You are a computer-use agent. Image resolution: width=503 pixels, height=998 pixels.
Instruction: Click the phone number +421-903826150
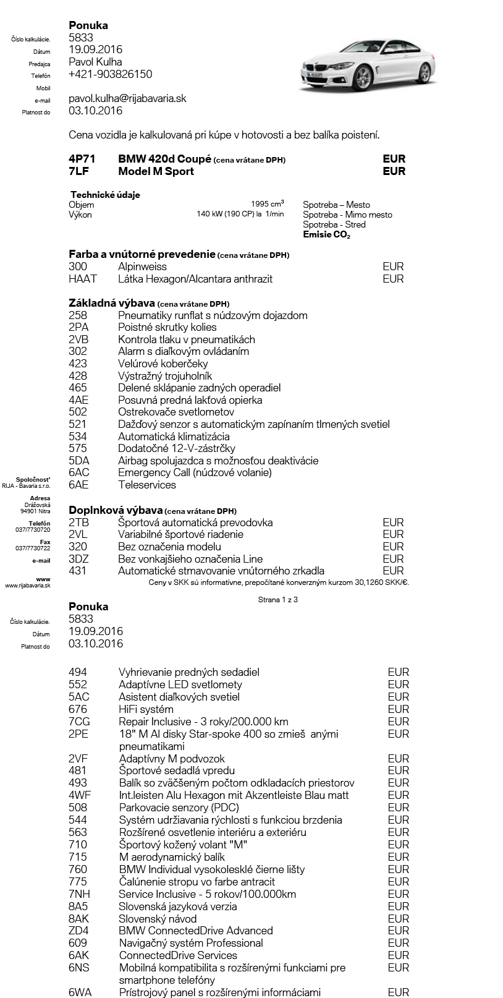[x=110, y=74]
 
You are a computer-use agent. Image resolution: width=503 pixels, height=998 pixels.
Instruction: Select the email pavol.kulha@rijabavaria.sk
[x=127, y=98]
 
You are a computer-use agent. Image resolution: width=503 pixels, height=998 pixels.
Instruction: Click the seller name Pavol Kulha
[x=95, y=62]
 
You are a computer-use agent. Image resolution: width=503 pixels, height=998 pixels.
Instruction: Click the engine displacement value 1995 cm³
[x=267, y=204]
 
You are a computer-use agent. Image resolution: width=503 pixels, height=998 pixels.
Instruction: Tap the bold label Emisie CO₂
[x=326, y=235]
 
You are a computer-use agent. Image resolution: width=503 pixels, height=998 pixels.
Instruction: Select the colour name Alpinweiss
[x=142, y=267]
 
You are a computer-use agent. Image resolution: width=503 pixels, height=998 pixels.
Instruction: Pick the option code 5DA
[x=78, y=461]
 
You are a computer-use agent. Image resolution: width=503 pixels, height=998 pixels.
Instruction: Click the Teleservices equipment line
[x=146, y=485]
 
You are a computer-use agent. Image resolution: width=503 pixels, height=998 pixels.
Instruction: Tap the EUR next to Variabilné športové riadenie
[x=393, y=534]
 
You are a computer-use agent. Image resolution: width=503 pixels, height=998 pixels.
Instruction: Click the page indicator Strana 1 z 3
[x=277, y=599]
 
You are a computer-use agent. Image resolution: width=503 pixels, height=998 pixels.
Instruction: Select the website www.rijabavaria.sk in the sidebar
[x=28, y=585]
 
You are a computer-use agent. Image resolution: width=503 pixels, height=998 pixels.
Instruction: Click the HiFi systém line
[x=146, y=709]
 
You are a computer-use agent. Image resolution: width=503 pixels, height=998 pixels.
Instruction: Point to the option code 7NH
[x=79, y=894]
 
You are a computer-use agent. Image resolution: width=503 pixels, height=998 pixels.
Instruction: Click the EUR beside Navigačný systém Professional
[x=398, y=943]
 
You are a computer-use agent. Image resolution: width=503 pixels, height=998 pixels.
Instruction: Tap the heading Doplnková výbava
[x=116, y=510]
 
